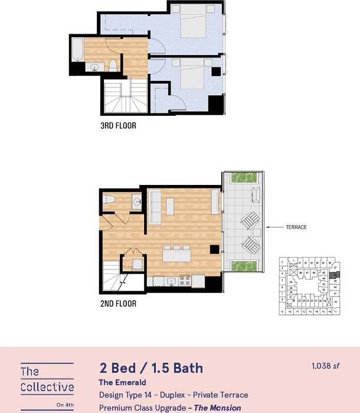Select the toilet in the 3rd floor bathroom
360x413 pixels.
[113, 66]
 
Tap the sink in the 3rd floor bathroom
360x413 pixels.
[93, 67]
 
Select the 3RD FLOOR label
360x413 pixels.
[118, 126]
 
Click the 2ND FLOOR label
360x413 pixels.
[118, 304]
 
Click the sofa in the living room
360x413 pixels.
[155, 206]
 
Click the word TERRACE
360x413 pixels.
[296, 227]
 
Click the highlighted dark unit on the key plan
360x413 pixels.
[334, 275]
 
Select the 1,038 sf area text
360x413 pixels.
[325, 366]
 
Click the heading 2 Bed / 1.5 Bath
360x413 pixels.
[150, 368]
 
